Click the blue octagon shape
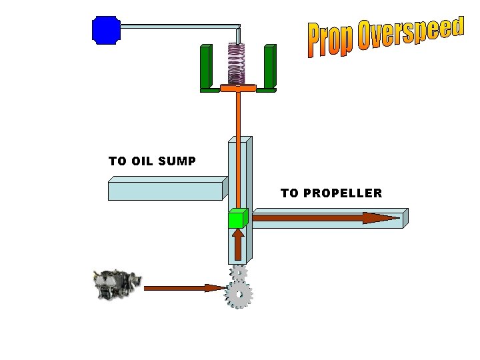point(105,30)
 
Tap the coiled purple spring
point(236,63)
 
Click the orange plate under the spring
point(238,88)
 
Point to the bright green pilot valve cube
point(237,219)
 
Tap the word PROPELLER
point(342,193)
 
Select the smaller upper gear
point(238,272)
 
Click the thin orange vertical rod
point(237,147)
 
